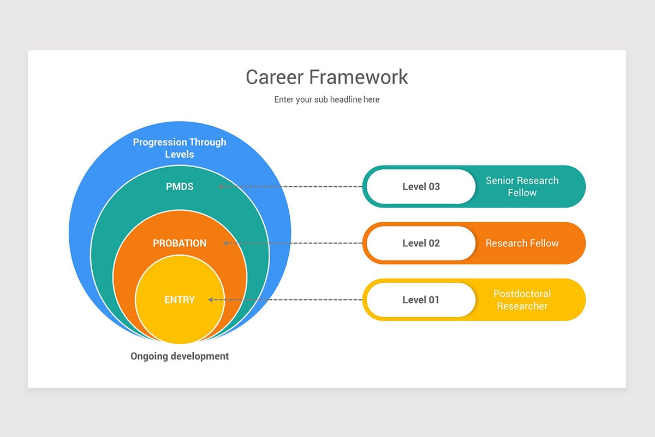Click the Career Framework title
click(326, 77)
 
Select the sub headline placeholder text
click(326, 99)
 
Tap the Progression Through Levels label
click(180, 148)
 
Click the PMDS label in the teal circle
click(180, 187)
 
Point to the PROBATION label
click(180, 243)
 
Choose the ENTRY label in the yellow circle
click(180, 300)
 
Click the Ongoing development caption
click(180, 356)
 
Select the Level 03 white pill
click(421, 187)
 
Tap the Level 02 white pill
click(421, 243)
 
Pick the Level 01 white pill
click(421, 300)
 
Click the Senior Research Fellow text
click(522, 187)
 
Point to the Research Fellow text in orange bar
click(522, 243)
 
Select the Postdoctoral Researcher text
click(522, 300)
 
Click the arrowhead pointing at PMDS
click(221, 186)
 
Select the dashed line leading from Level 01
click(289, 299)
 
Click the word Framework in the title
click(359, 77)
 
